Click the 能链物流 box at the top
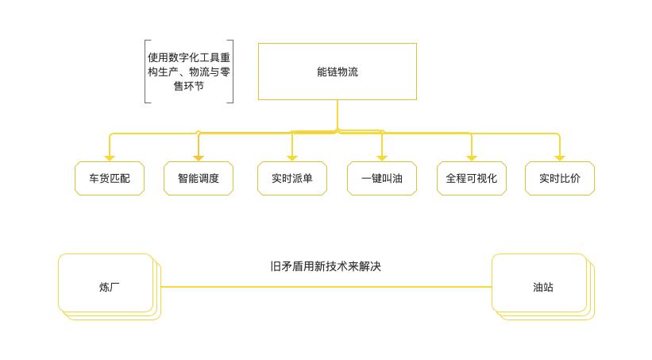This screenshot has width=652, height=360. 337,72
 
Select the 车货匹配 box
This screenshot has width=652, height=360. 110,179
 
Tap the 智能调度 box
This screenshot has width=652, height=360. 199,179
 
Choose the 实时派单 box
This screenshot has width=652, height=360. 292,179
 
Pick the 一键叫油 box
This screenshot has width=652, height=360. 382,179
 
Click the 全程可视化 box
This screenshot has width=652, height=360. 472,179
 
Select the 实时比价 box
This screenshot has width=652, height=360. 560,179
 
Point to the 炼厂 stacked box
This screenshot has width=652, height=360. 106,284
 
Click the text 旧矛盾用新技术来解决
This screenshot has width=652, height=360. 326,266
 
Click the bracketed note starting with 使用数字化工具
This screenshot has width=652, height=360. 189,72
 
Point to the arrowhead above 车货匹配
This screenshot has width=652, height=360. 110,158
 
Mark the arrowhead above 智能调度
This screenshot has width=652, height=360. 199,158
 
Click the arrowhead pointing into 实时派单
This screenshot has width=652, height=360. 292,158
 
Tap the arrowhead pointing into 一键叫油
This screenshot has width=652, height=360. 382,158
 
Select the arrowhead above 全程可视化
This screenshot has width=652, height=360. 472,158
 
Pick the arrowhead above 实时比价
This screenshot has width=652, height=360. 560,158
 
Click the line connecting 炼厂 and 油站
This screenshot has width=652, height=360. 326,287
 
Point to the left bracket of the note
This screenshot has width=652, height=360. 146,72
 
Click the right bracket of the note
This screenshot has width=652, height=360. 232,72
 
